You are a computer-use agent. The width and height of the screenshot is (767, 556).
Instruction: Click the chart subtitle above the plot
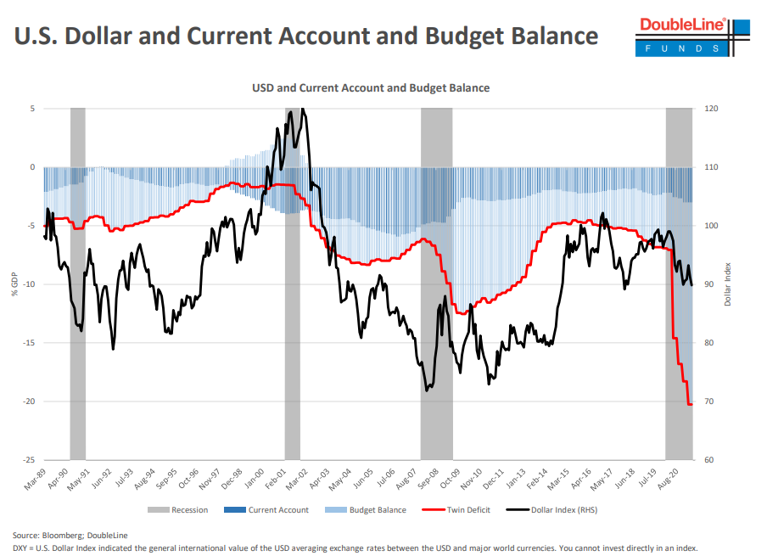371,87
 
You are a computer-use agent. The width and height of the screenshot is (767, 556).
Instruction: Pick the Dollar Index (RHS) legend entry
552,510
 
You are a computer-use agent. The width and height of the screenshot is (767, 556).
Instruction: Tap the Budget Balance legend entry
372,510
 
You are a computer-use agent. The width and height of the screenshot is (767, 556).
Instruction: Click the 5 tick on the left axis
32,109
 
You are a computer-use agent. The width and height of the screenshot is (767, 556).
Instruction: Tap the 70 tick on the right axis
708,402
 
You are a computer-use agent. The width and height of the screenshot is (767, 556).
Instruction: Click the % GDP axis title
14,284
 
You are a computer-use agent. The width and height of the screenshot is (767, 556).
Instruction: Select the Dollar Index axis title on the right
728,284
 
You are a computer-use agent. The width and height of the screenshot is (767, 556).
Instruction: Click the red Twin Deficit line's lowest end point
691,404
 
